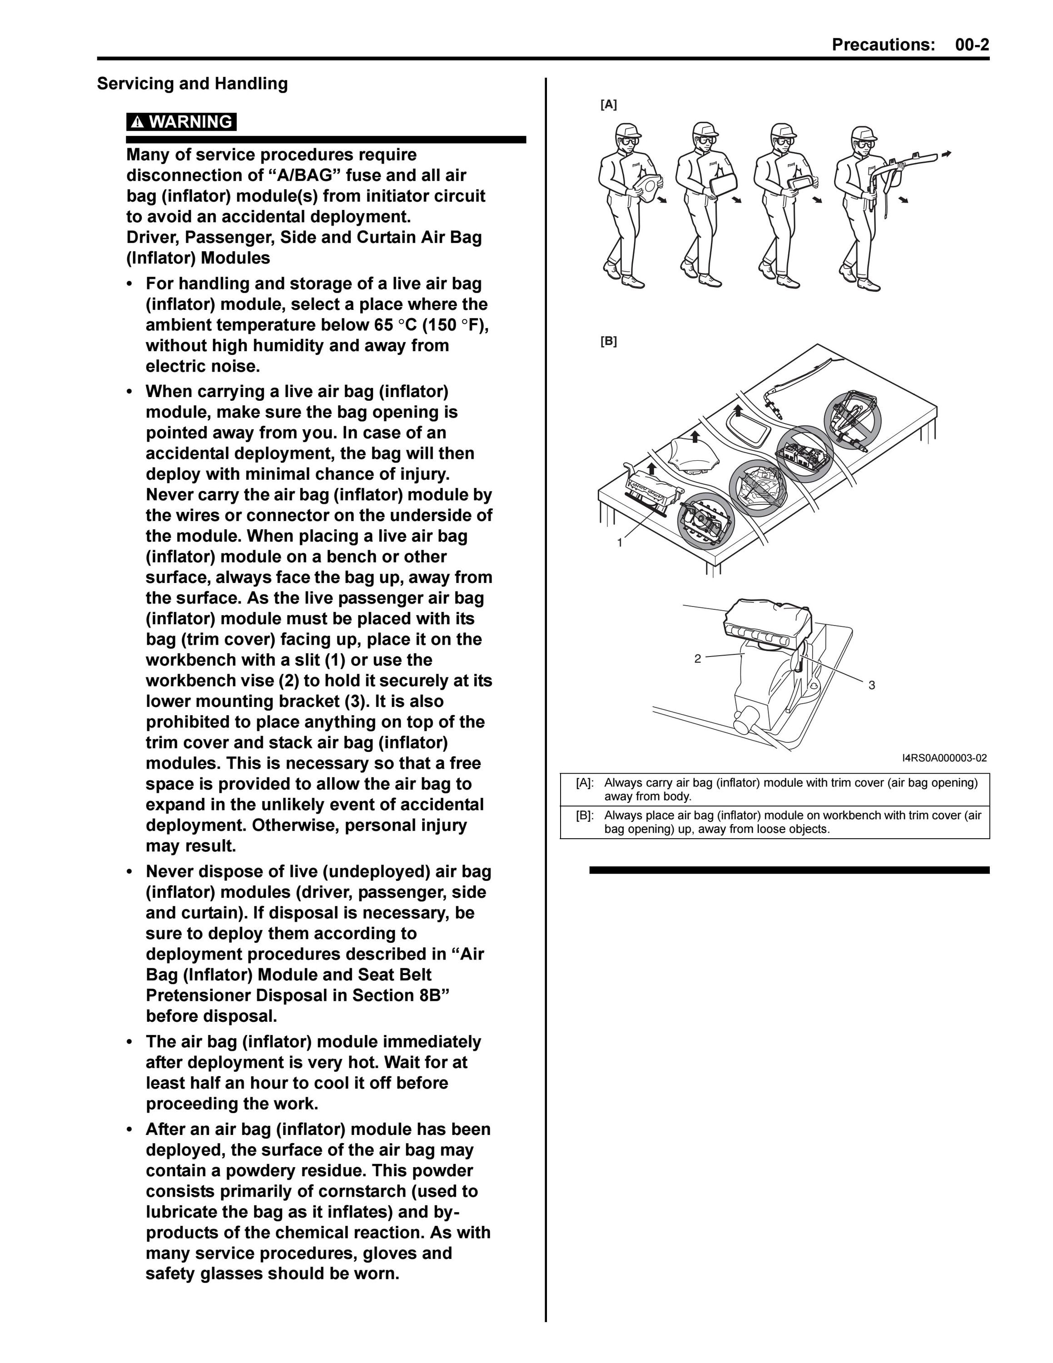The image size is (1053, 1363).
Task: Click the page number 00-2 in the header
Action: coord(972,45)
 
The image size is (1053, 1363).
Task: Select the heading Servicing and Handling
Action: coord(192,84)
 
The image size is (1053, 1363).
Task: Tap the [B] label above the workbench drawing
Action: coord(608,341)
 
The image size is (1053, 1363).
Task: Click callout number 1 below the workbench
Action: coord(620,543)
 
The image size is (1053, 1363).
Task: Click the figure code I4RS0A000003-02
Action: coord(944,758)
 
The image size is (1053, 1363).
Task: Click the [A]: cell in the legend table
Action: coord(585,783)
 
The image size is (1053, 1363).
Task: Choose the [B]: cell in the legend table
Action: coord(585,815)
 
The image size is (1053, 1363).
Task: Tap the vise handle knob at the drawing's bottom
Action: coord(744,723)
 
